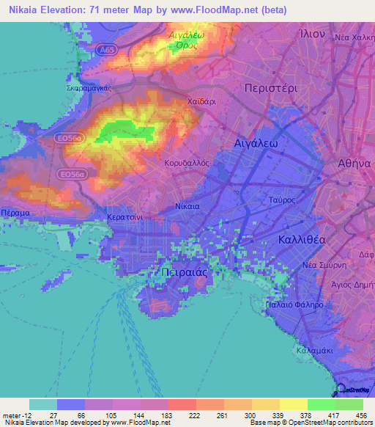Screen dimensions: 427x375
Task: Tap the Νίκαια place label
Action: pos(187,207)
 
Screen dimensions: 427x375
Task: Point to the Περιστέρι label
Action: pos(272,87)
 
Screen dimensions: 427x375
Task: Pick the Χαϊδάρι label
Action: pos(201,102)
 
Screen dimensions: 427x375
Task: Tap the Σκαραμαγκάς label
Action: pos(88,85)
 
